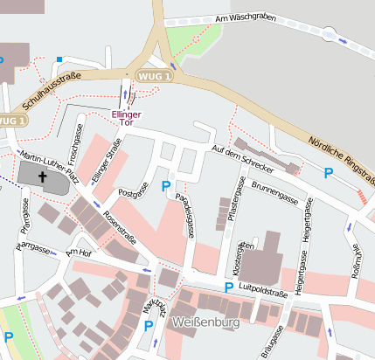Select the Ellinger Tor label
pos(127,119)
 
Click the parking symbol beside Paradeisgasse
pos(166,185)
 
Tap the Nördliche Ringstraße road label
pos(342,161)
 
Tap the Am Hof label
pos(79,253)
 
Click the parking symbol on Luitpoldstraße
pos(229,287)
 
